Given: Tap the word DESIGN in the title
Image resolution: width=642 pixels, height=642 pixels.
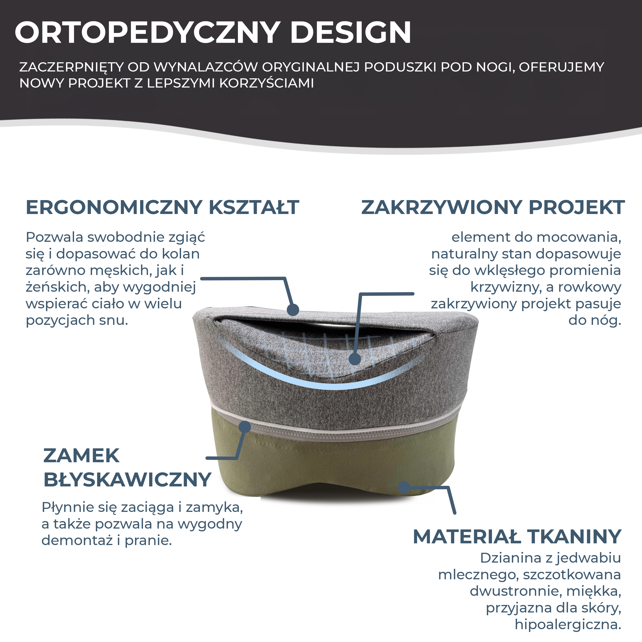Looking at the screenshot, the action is pos(351,33).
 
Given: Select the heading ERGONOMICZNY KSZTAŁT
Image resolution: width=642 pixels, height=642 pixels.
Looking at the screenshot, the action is pos(162,207).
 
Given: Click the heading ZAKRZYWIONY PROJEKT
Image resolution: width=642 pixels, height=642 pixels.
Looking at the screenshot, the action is pos(493,207).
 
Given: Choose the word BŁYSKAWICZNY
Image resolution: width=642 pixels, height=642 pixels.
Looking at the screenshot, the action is pos(128,480).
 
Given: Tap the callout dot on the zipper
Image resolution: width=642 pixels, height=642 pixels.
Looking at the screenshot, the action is pos(245,427).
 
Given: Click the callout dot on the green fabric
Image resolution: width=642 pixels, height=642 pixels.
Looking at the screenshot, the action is pos(404,487).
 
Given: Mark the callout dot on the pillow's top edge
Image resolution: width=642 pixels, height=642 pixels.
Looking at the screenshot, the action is pos(293,310).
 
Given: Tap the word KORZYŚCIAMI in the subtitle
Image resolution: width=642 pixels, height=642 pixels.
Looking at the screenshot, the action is pos(266,83).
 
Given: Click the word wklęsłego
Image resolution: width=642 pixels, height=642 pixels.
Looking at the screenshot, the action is pos(509,270).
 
